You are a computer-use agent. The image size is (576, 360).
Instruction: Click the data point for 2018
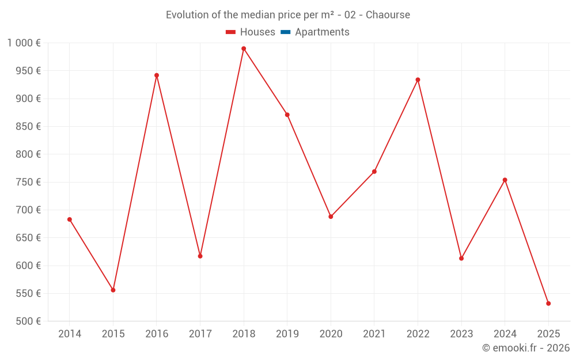[244, 48]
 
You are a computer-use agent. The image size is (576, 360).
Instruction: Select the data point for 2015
[113, 290]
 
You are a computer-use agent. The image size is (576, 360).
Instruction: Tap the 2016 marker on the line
[157, 75]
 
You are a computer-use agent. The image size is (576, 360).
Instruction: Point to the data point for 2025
[548, 304]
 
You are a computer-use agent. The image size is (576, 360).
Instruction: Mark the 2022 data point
[418, 79]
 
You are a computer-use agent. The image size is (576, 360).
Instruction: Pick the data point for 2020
[331, 217]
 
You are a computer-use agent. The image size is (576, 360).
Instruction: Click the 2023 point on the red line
[461, 258]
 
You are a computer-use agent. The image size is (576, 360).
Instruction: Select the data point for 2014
[70, 219]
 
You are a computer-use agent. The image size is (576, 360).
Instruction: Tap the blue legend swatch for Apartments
[286, 32]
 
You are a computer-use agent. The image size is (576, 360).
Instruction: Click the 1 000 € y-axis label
[24, 43]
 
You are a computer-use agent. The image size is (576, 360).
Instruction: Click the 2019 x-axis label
[287, 334]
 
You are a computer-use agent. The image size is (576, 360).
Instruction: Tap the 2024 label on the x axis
[505, 334]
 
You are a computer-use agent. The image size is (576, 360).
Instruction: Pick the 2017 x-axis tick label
[200, 334]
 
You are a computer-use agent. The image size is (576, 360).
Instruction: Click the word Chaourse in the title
[388, 15]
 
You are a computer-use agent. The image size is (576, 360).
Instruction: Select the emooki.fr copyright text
[525, 348]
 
